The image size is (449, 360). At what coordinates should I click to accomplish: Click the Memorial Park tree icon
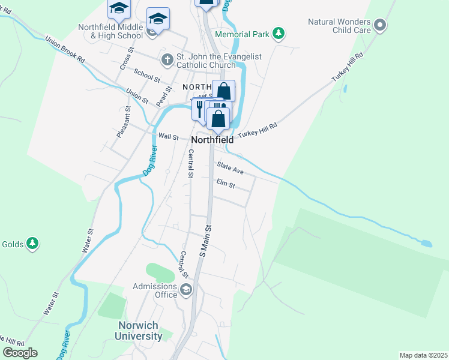(278, 34)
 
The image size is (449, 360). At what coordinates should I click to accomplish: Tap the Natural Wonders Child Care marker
(379, 26)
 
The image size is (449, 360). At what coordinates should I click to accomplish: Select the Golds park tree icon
(33, 244)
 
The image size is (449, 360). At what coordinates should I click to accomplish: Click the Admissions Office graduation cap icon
(186, 290)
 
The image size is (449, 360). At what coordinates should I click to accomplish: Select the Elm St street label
(226, 183)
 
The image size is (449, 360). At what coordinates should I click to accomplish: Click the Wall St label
(168, 137)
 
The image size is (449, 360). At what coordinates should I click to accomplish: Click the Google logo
(20, 353)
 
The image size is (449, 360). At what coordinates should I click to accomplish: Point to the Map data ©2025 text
(423, 355)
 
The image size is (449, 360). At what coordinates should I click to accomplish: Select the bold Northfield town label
(212, 140)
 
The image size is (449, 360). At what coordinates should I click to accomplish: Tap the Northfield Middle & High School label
(111, 31)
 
